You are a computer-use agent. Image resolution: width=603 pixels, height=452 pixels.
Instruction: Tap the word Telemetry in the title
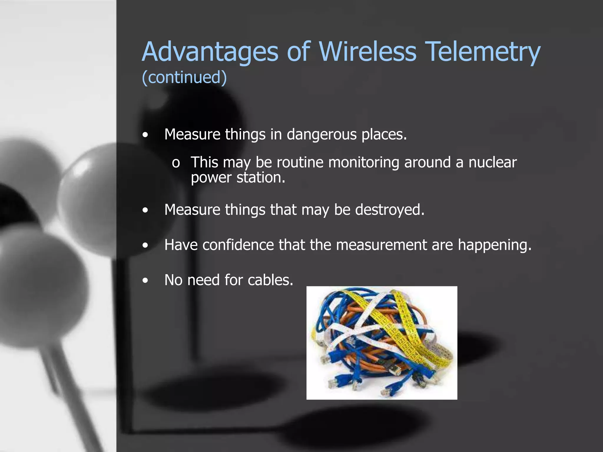tap(483, 52)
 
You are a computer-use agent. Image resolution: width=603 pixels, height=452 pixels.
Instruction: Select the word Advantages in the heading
tap(210, 52)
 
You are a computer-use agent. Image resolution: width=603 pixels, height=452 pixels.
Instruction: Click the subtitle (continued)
tap(184, 77)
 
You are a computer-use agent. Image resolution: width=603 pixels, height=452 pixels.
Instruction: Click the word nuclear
tap(492, 162)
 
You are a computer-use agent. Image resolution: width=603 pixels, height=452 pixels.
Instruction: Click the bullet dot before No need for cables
tap(145, 280)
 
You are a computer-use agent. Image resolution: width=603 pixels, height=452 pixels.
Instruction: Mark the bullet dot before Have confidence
tap(145, 245)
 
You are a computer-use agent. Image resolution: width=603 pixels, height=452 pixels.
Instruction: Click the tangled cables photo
tap(382, 343)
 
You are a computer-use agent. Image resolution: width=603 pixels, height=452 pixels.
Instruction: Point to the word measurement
tap(381, 245)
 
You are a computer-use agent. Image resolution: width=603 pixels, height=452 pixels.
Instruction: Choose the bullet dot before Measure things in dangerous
tap(145, 135)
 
